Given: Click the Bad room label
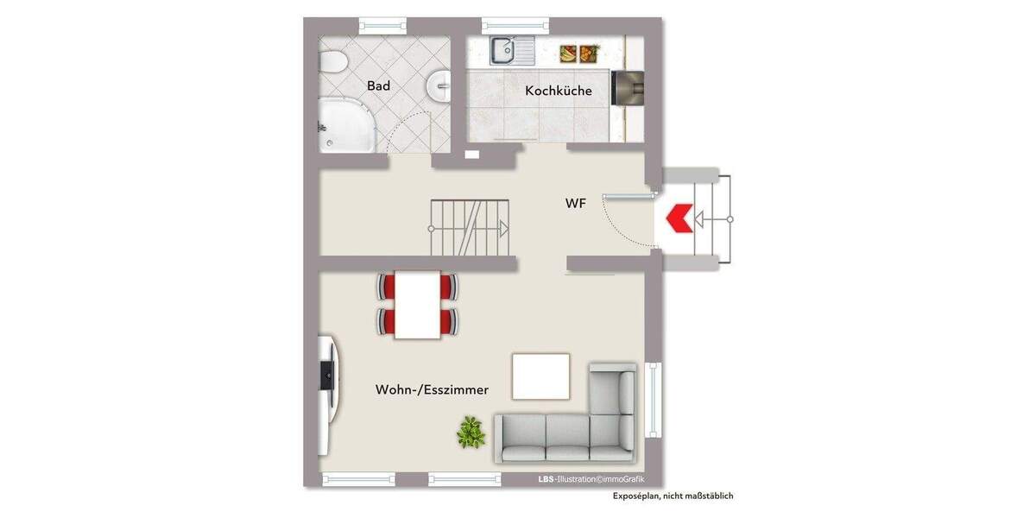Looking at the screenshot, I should point(378,85).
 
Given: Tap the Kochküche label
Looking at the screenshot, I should point(559,91).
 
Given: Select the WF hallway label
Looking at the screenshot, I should point(576,204).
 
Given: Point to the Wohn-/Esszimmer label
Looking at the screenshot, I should point(432,389).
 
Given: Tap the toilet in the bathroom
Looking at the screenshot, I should point(332,62).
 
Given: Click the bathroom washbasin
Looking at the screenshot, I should point(439,85).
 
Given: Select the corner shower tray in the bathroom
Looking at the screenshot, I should point(345,125).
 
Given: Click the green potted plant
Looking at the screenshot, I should point(471,431).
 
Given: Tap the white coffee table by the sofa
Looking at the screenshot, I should point(540,376).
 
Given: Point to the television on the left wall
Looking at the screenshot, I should point(327,376).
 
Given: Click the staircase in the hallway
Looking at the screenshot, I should point(470,228).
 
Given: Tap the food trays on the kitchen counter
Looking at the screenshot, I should point(578,54).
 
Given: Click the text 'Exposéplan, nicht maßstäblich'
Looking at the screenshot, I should point(673,496).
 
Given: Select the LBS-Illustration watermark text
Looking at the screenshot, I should point(591,479).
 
